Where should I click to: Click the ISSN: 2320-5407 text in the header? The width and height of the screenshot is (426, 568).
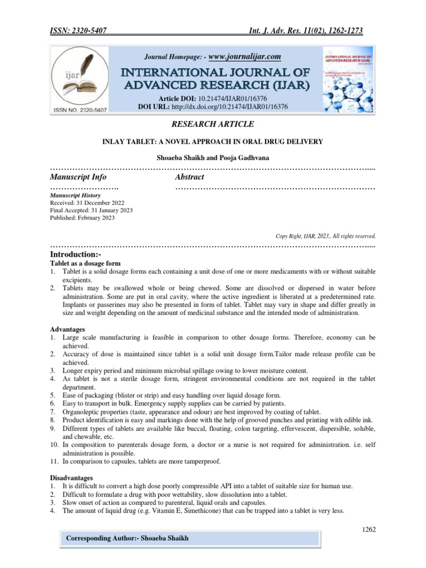[79, 31]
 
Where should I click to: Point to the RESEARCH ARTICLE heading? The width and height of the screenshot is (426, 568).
[214, 124]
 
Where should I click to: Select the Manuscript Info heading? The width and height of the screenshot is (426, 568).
[78, 177]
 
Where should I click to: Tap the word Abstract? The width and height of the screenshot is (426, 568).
[189, 177]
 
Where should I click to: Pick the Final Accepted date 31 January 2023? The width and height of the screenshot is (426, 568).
[91, 211]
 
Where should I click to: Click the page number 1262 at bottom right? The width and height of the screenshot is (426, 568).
[369, 530]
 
